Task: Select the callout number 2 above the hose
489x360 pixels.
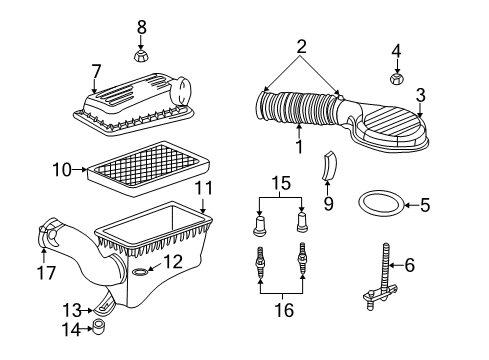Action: pos(301,46)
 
